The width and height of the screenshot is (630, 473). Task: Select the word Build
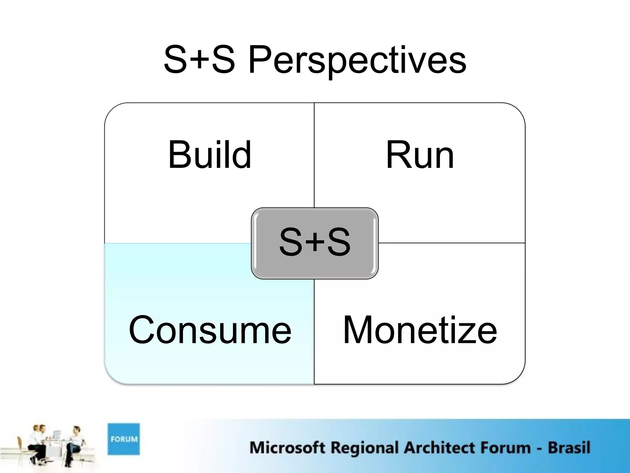[210, 155]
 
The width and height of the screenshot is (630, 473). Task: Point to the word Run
[420, 155]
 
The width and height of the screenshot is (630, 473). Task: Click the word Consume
[210, 330]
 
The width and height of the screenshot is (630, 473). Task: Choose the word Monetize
[420, 330]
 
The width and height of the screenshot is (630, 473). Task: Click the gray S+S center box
[315, 243]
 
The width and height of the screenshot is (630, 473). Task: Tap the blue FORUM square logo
[124, 439]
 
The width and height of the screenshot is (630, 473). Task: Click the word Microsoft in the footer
[287, 447]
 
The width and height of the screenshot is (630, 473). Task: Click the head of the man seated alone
[76, 430]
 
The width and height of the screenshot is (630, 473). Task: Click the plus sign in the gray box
[315, 242]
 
